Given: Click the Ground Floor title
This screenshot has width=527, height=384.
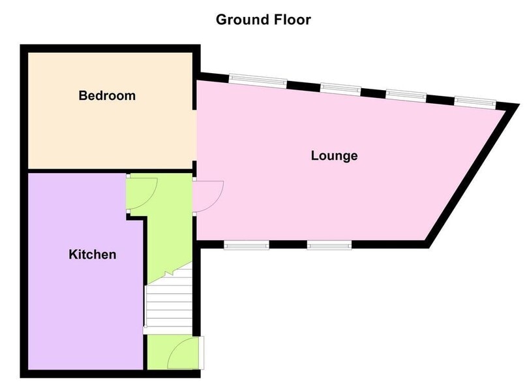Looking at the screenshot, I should click(x=263, y=20).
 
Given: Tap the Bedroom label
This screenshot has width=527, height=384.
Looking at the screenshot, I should click(x=107, y=96).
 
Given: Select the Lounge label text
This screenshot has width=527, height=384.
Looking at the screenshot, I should click(x=334, y=156).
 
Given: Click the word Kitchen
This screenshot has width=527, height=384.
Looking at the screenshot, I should click(x=93, y=255).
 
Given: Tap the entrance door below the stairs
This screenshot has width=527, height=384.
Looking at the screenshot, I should click(x=183, y=353).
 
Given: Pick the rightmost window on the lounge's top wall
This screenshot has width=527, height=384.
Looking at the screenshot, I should click(x=475, y=101).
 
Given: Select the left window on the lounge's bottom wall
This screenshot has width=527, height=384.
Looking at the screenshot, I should click(x=247, y=245).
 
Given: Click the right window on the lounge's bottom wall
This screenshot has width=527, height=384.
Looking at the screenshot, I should click(x=329, y=245).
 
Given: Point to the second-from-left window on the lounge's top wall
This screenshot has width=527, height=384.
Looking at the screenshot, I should click(x=340, y=88).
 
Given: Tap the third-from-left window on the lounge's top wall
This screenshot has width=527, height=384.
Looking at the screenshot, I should click(x=406, y=95).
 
